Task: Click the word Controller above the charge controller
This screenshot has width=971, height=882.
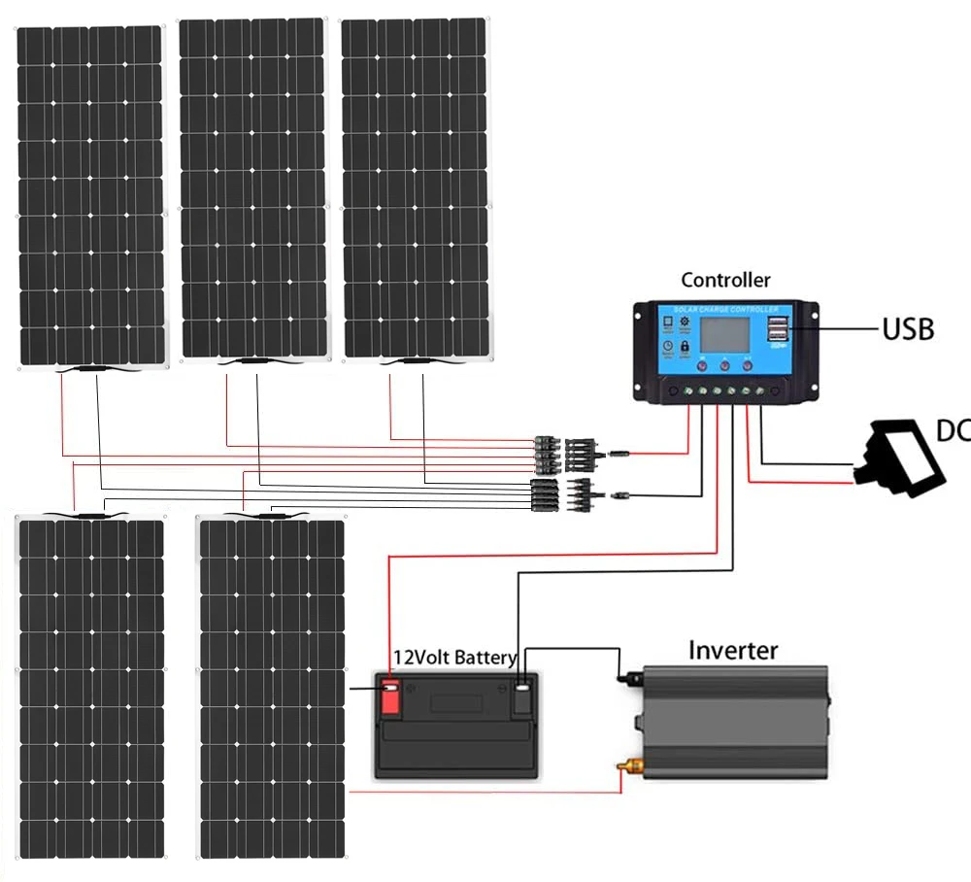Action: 725,281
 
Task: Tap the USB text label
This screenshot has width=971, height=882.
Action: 907,328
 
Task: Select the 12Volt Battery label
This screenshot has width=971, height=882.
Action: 454,658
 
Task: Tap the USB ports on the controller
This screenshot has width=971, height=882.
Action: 779,328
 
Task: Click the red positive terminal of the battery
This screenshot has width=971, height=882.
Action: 390,697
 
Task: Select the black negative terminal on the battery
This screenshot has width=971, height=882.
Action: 521,697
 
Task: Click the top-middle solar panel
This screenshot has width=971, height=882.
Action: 253,188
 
